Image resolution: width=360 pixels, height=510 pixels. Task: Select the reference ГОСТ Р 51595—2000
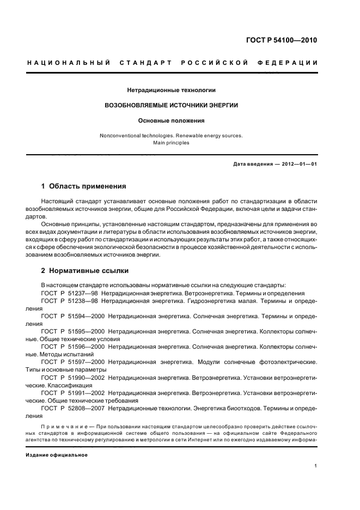click(x=73, y=331)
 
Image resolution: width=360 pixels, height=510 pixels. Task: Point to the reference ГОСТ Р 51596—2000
click(x=73, y=346)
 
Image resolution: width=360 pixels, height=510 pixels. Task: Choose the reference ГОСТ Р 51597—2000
click(x=73, y=361)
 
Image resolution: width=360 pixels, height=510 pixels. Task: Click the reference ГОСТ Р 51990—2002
click(x=73, y=377)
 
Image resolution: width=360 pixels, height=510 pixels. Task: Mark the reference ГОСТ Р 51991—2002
click(x=73, y=392)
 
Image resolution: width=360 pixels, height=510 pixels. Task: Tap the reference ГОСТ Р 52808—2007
click(x=73, y=407)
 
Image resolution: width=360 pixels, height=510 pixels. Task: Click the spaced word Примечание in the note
click(x=65, y=424)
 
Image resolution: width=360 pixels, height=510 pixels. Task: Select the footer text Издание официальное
click(x=57, y=455)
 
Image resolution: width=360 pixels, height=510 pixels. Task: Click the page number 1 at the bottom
click(x=316, y=466)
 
